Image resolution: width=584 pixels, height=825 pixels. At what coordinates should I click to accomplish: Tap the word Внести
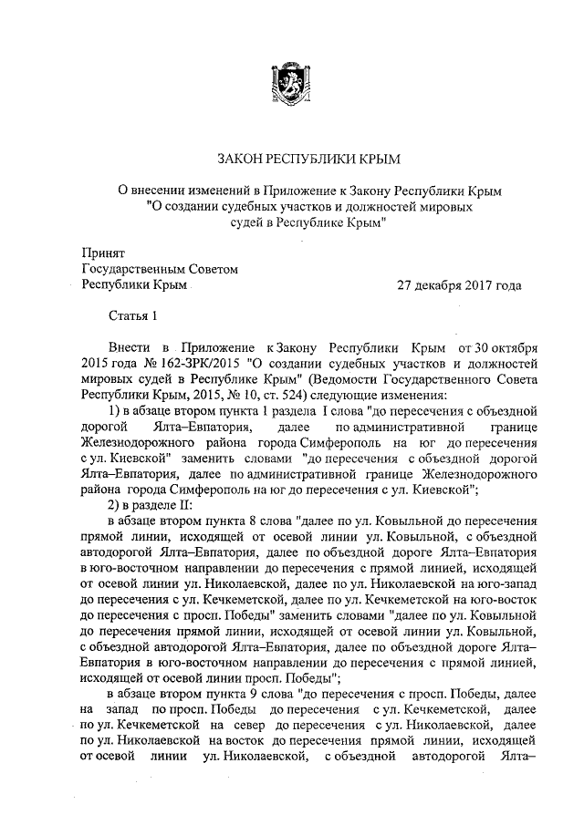tap(129, 349)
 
